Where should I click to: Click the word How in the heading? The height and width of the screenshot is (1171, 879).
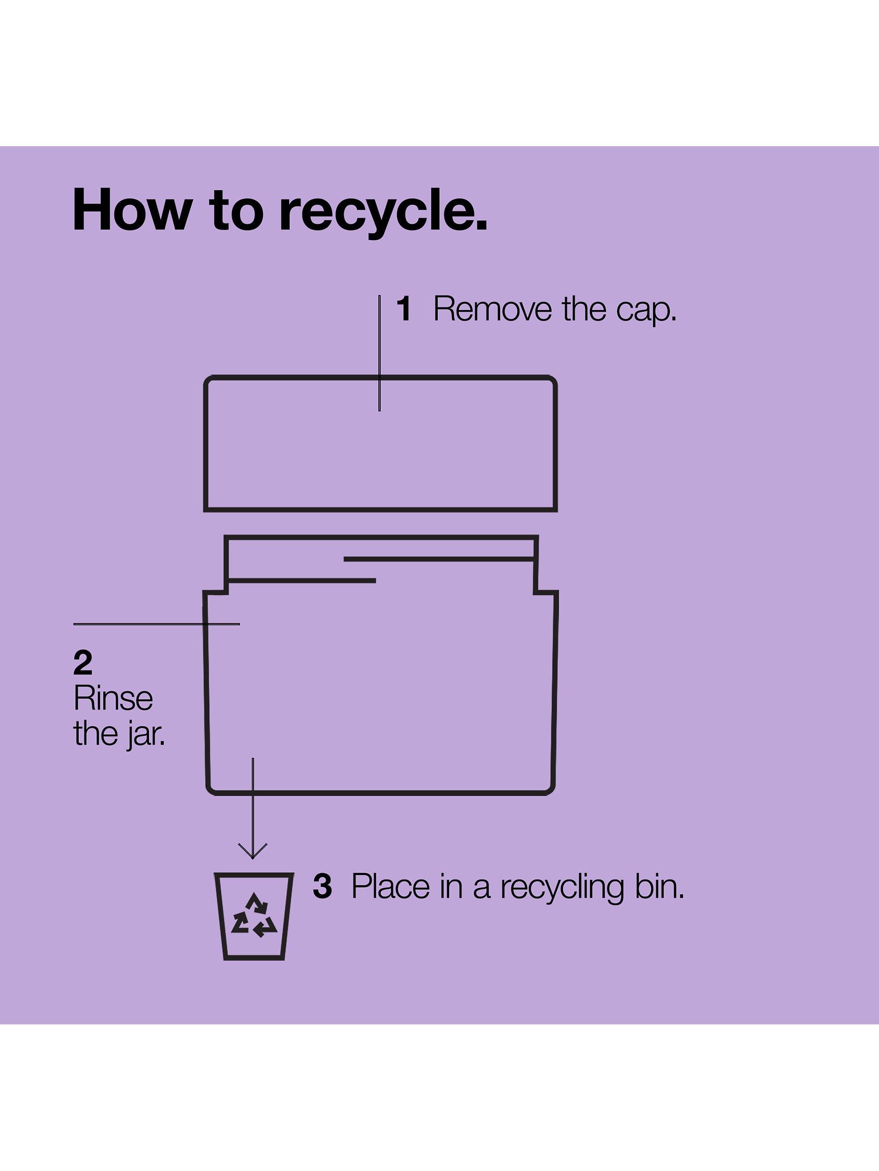[x=131, y=210]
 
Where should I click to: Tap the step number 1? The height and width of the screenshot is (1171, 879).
[x=404, y=309]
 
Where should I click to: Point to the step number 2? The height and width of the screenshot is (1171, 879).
[x=83, y=663]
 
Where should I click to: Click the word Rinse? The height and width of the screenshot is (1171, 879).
[x=113, y=698]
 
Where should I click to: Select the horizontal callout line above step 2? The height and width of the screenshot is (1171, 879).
[x=156, y=624]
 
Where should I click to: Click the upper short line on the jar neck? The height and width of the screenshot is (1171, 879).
[x=439, y=558]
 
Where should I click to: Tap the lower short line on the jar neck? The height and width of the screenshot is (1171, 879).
[x=302, y=581]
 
